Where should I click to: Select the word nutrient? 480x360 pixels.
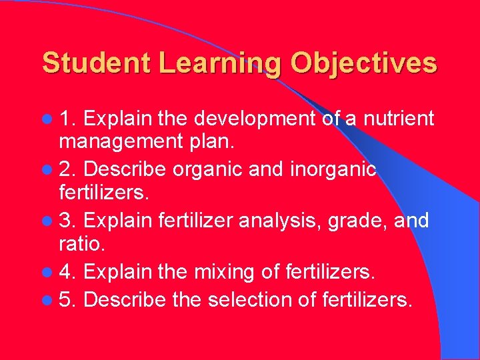pos(398,119)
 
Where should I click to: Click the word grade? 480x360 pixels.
pos(365,221)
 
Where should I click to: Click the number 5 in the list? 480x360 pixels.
pos(65,300)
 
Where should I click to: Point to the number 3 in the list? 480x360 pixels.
pos(65,221)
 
